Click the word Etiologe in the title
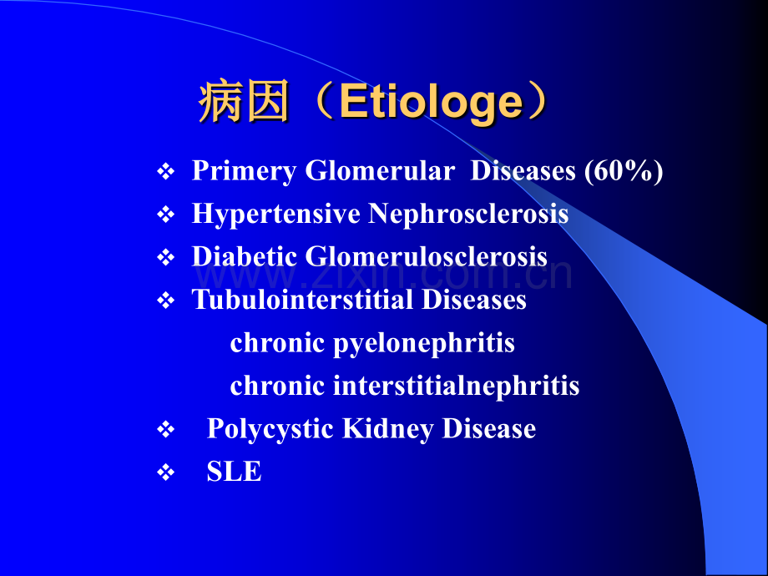click(432, 104)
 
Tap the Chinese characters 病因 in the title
click(244, 102)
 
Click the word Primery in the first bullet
click(244, 172)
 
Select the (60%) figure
click(624, 172)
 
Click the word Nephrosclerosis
click(468, 214)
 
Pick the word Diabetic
click(244, 256)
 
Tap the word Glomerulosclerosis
click(426, 256)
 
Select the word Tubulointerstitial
click(303, 299)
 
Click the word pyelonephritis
click(424, 344)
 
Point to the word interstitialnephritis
click(457, 386)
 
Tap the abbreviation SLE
click(234, 471)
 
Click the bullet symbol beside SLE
click(166, 472)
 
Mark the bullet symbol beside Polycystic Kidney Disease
click(166, 430)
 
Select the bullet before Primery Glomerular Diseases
click(166, 172)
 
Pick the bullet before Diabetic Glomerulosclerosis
click(166, 258)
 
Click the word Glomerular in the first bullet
click(380, 171)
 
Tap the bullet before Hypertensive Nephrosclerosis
click(166, 215)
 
